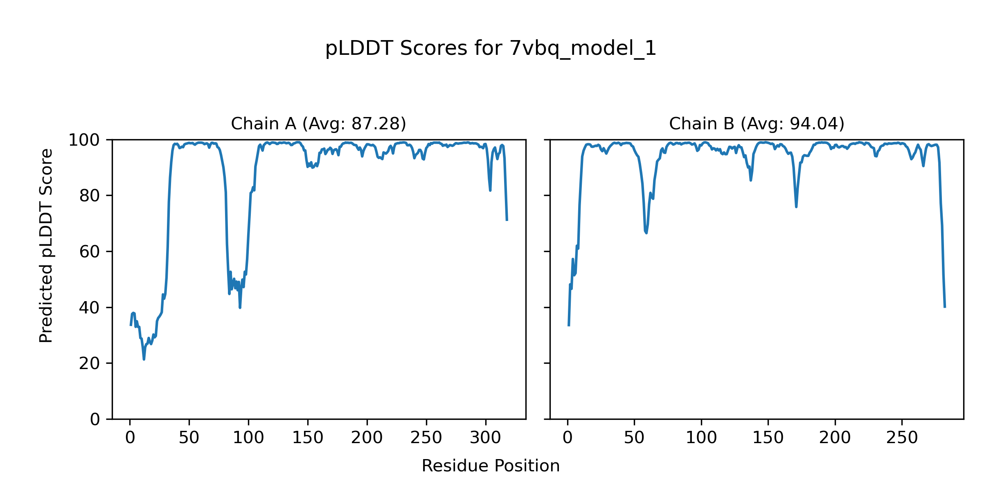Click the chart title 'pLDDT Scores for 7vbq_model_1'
pyautogui.click(x=491, y=49)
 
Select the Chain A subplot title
pyautogui.click(x=318, y=124)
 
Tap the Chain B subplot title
pyautogui.click(x=757, y=124)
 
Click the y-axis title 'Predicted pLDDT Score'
pyautogui.click(x=46, y=245)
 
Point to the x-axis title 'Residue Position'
pyautogui.click(x=491, y=466)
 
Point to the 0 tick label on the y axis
pyautogui.click(x=95, y=419)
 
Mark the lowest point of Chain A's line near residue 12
pyautogui.click(x=144, y=359)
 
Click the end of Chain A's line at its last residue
pyautogui.click(x=507, y=221)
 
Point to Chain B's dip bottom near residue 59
pyautogui.click(x=646, y=233)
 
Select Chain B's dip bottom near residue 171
pyautogui.click(x=796, y=207)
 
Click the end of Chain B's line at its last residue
pyautogui.click(x=945, y=307)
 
